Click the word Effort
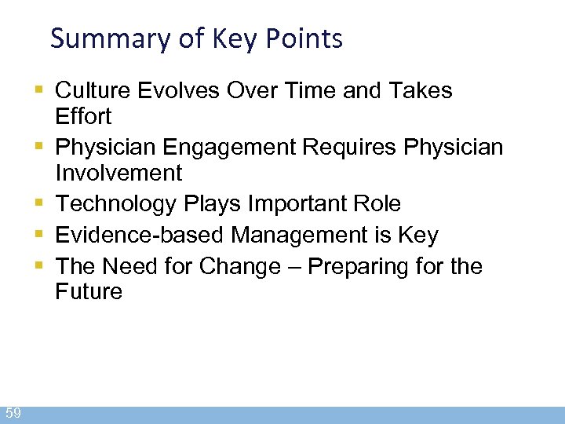[x=84, y=117]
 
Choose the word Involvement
[x=118, y=173]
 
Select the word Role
[x=377, y=204]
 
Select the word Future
[x=89, y=292]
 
